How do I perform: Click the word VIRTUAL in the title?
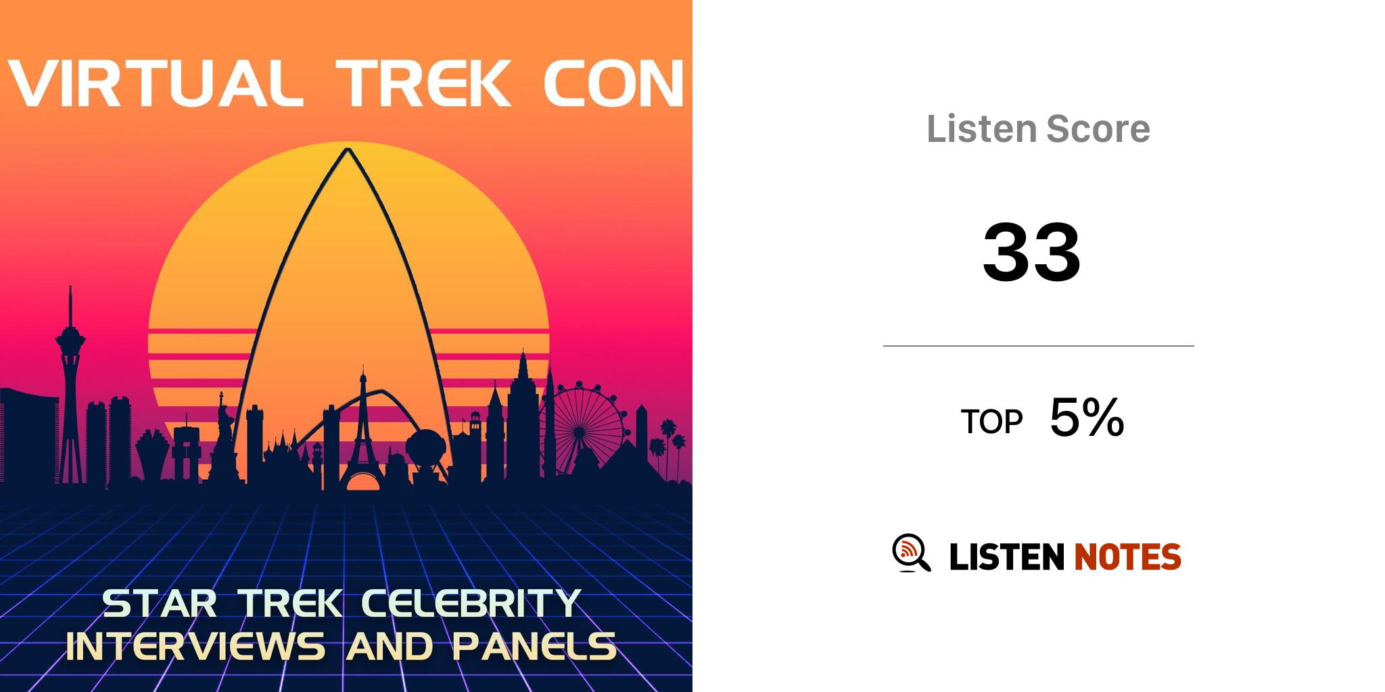coord(155,84)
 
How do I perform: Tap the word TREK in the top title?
coord(424,84)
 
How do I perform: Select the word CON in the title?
coord(614,84)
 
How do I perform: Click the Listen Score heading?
coord(1038,128)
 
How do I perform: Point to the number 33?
coord(1032,253)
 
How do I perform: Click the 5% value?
coord(1087,417)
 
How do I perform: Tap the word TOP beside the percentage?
coord(991,422)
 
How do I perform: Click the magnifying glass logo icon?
coord(911,553)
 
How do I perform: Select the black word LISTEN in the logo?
coord(1007,557)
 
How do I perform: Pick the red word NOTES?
coord(1127,557)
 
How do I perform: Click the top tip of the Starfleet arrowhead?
coord(348,149)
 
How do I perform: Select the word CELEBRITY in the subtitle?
coord(471,603)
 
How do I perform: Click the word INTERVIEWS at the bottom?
coord(195,646)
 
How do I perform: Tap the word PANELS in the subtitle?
coord(534,646)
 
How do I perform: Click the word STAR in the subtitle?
coord(160,603)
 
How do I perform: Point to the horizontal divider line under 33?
coord(1039,346)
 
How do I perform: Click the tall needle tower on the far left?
coord(70,385)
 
